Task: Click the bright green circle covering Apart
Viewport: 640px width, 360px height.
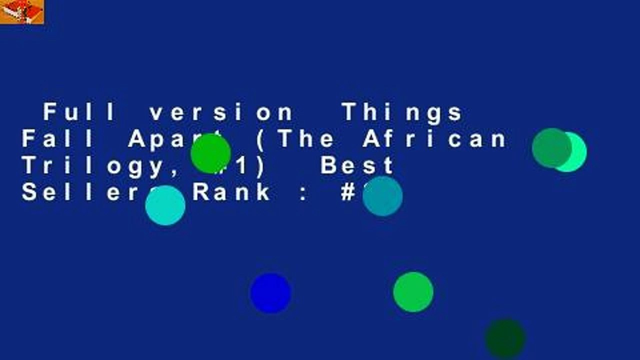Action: click(x=210, y=153)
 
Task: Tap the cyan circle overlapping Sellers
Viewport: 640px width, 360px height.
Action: click(x=165, y=205)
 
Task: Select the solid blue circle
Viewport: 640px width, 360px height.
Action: click(x=270, y=293)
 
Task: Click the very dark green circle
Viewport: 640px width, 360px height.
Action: click(x=505, y=339)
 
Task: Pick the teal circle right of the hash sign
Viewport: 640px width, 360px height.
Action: click(x=382, y=196)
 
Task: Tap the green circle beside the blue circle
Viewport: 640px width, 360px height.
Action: click(x=413, y=292)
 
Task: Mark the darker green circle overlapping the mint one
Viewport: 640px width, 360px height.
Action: click(x=551, y=148)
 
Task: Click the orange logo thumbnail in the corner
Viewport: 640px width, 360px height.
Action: click(x=22, y=12)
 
